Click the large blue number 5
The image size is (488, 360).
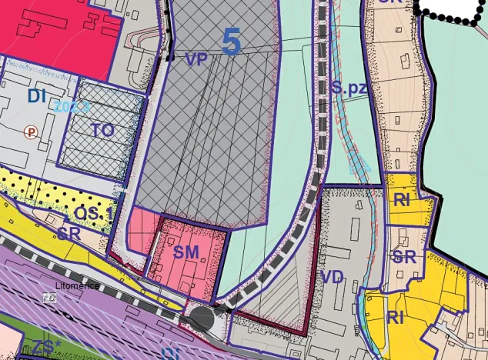click(x=232, y=42)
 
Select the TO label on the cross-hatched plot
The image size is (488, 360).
click(x=102, y=131)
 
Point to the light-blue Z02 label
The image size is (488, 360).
click(x=72, y=108)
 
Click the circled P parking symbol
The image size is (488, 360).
click(x=31, y=132)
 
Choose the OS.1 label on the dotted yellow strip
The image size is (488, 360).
click(x=95, y=212)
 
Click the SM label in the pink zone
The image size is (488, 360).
click(x=186, y=252)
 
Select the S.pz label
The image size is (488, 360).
click(x=349, y=88)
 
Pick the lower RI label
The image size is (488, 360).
click(x=396, y=317)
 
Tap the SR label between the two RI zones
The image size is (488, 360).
click(x=404, y=257)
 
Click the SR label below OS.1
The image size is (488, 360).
click(x=68, y=234)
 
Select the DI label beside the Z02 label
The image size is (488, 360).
click(x=37, y=97)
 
